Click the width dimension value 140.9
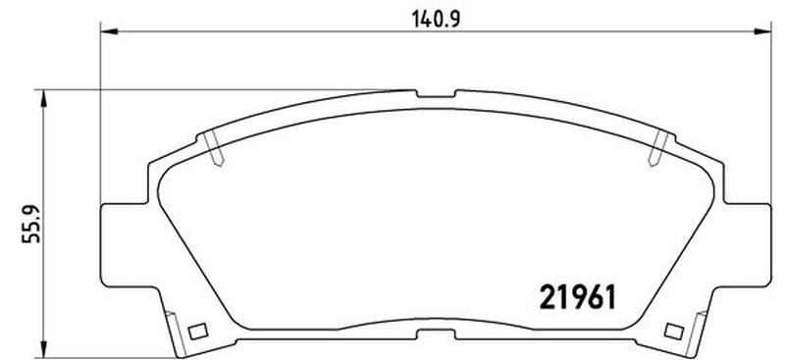pyautogui.click(x=436, y=20)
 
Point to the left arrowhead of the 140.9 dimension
pyautogui.click(x=109, y=31)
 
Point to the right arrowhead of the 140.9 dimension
pyautogui.click(x=762, y=31)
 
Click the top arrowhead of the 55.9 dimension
pyautogui.click(x=44, y=98)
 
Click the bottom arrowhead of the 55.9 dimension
pyautogui.click(x=44, y=349)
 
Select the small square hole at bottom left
pyautogui.click(x=198, y=331)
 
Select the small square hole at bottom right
pyautogui.click(x=674, y=331)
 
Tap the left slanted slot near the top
pyautogui.click(x=214, y=148)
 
